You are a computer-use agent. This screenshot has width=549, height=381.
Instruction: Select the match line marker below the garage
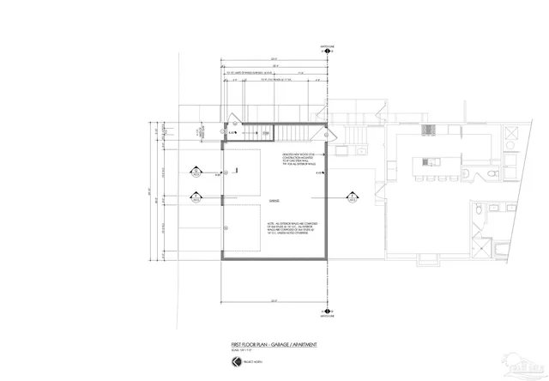327,312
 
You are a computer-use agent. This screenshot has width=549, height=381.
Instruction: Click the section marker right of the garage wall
351,197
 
